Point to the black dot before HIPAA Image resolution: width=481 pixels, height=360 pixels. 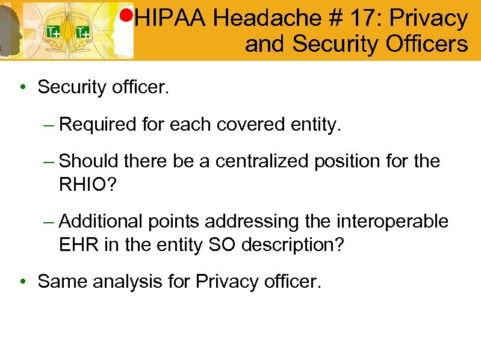[x=127, y=14]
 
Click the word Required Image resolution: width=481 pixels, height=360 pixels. [x=99, y=125]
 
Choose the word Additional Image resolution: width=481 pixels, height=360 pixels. [x=100, y=222]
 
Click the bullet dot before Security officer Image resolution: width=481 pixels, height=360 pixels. [x=22, y=88]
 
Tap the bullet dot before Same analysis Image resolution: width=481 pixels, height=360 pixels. [x=22, y=282]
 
